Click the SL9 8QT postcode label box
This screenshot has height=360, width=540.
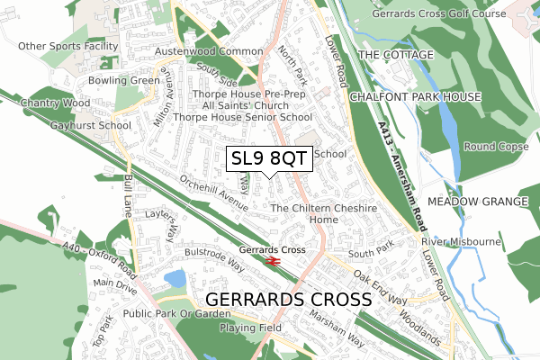click(270, 159)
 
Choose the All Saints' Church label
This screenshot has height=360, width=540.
click(230, 105)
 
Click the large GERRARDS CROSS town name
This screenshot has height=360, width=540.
click(288, 299)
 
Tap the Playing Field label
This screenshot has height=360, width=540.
click(250, 328)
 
